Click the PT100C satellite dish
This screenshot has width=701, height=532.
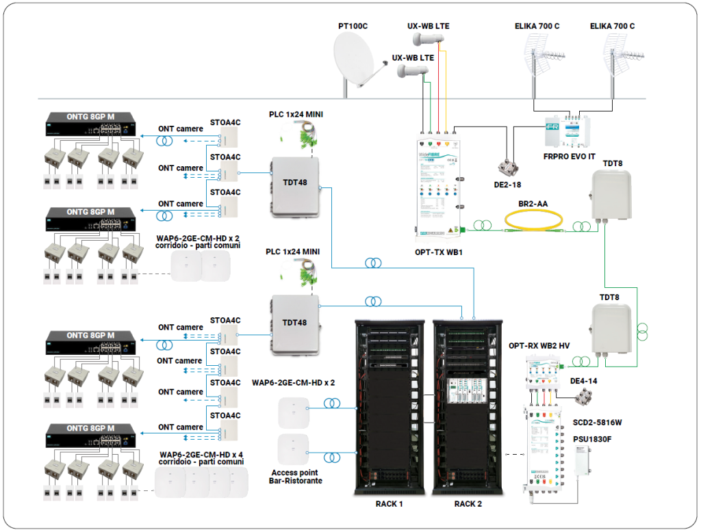353,60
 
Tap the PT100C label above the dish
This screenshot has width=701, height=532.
353,27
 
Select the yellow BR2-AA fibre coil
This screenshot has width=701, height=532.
533,220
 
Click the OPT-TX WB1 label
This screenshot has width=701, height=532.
438,252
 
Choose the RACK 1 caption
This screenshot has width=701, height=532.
389,504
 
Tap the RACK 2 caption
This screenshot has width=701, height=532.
468,504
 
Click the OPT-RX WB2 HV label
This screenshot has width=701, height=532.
539,346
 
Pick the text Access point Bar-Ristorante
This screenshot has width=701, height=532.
295,477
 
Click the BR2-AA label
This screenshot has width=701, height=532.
533,203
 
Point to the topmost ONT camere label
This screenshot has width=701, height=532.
181,129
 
